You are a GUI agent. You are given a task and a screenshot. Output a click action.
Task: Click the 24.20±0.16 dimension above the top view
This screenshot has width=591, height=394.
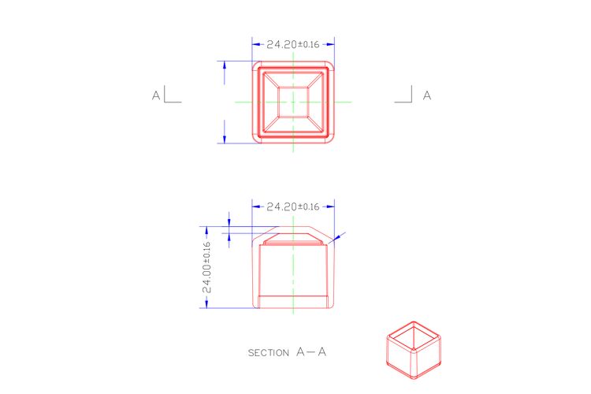coord(293,44)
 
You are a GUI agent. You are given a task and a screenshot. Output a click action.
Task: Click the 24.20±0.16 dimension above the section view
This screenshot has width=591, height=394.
coord(293,206)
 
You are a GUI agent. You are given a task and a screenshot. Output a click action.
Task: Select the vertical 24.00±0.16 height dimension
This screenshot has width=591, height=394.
coord(206,267)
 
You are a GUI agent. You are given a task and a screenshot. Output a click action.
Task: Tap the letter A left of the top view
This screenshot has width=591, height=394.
coord(156,96)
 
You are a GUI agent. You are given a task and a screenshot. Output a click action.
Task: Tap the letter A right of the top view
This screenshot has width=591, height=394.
coord(426,96)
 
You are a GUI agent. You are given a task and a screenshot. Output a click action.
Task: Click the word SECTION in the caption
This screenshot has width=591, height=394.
coord(269,353)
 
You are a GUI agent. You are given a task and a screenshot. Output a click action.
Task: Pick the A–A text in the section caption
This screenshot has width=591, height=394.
coord(311,352)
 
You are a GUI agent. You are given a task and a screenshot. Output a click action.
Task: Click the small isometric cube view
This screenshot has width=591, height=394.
coord(414,350)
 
